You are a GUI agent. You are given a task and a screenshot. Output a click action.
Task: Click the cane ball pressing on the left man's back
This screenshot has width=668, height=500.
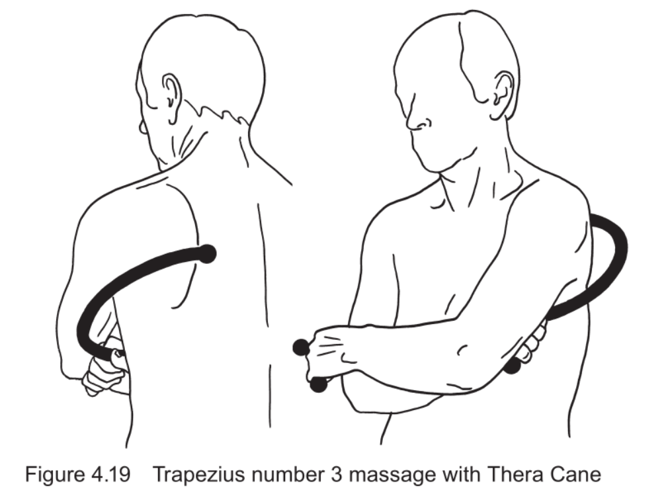pyautogui.click(x=208, y=254)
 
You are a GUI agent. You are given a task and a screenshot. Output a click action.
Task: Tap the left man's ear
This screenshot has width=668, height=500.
pyautogui.click(x=172, y=98)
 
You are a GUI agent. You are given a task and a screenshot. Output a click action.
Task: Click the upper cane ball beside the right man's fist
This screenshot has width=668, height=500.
pyautogui.click(x=301, y=347)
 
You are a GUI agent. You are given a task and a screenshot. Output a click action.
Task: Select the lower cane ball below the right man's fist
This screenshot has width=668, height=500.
pyautogui.click(x=318, y=384)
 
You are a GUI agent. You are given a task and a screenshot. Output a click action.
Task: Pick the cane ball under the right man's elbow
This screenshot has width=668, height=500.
pyautogui.click(x=513, y=366)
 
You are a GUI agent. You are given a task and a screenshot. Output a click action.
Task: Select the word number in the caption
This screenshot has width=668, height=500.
pyautogui.click(x=288, y=474)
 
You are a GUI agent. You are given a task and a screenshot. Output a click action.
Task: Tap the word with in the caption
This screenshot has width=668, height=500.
pyautogui.click(x=457, y=474)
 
